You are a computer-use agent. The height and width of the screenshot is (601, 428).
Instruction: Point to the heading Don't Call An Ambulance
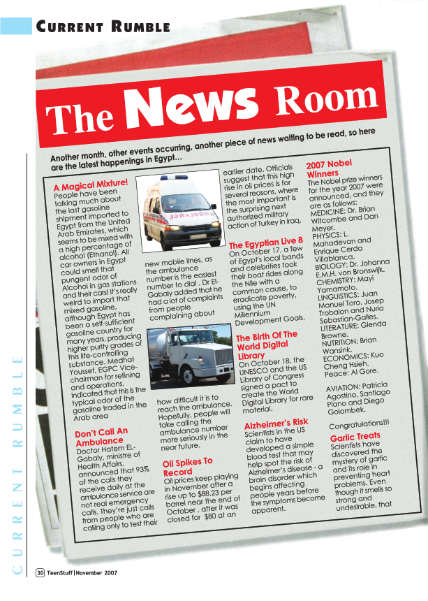101,436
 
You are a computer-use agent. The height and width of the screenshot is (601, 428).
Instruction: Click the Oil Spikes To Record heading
187,467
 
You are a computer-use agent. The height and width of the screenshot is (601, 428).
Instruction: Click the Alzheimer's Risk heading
276,423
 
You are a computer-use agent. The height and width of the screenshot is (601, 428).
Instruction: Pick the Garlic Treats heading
355,437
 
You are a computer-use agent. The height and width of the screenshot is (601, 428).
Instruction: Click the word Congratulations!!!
359,425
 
